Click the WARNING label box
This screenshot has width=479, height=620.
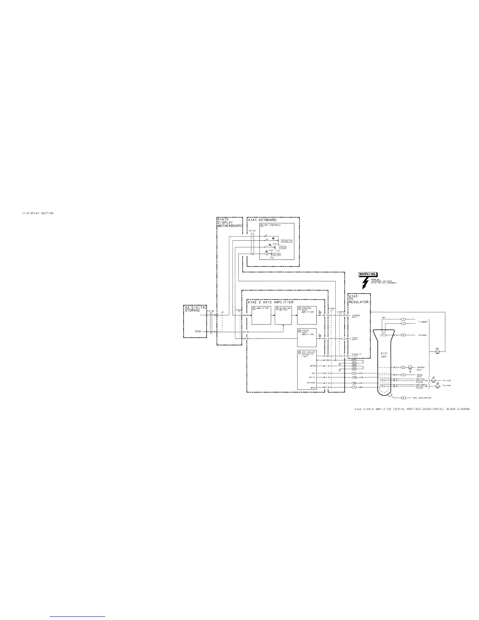click(x=367, y=274)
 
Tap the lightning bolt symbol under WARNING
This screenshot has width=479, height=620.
click(x=366, y=283)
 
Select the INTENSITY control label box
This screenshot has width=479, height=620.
click(x=286, y=241)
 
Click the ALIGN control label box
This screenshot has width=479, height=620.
click(x=276, y=254)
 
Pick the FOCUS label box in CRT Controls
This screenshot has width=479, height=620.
click(x=283, y=247)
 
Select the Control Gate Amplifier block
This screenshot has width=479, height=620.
click(x=306, y=315)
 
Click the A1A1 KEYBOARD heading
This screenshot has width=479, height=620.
click(x=262, y=220)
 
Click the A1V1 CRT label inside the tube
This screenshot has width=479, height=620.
click(x=384, y=356)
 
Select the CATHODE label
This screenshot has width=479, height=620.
click(x=422, y=335)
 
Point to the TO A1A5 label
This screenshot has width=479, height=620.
click(x=447, y=380)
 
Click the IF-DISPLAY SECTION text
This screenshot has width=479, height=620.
click(x=38, y=213)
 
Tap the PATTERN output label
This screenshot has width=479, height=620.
click(x=311, y=383)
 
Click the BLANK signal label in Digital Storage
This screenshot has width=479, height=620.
click(x=198, y=332)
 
